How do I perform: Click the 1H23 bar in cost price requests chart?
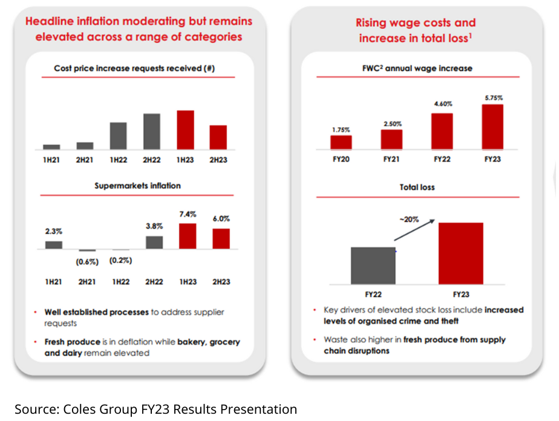185,129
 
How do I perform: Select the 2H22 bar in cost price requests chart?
152,131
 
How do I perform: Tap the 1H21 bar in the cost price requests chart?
52,146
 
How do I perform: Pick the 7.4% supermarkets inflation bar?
188,236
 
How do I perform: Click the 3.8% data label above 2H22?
155,226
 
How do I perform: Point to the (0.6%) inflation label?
87,261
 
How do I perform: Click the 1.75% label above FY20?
341,129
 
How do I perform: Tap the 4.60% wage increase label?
442,104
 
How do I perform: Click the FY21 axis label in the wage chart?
391,160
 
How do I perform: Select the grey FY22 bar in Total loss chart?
373,266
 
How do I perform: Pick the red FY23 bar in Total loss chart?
461,253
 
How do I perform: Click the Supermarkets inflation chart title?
137,186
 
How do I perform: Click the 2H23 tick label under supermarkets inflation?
221,282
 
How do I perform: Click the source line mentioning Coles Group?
156,409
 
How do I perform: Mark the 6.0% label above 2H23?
221,218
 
